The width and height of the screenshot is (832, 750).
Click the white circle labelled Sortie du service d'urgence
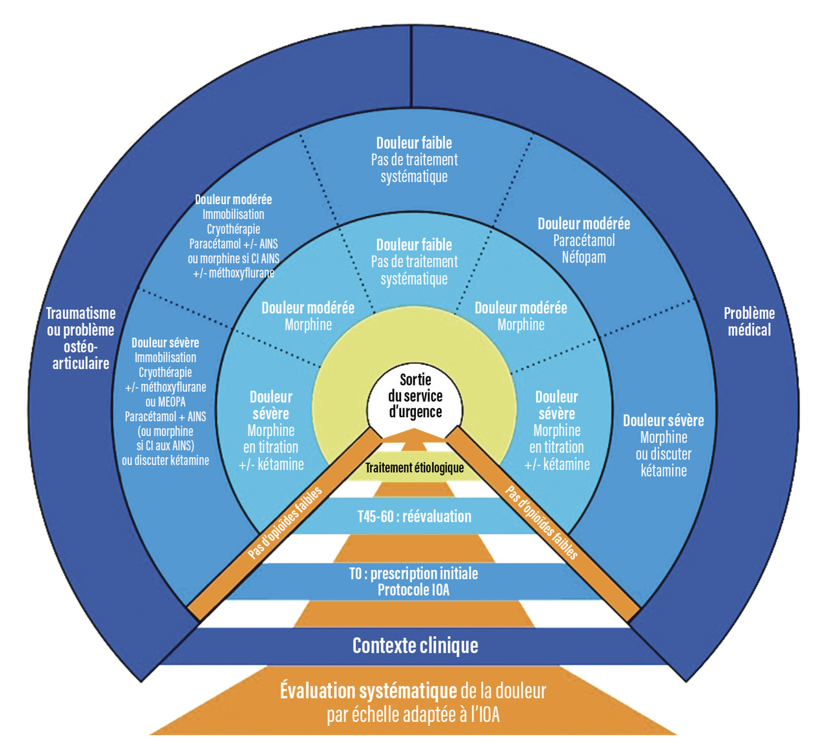[415, 395]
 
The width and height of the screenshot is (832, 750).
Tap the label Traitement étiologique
[415, 468]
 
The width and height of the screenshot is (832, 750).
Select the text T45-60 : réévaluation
[415, 517]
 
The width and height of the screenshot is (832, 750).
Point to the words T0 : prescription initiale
[413, 573]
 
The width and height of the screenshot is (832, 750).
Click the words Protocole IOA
[413, 590]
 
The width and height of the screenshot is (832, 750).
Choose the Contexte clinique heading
[415, 645]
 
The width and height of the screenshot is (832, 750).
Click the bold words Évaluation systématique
[368, 691]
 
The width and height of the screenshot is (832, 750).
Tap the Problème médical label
[749, 321]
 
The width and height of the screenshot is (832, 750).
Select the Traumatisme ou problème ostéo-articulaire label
[81, 338]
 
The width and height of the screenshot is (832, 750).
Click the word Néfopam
[584, 257]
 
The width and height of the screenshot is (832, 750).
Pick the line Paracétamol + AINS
[165, 417]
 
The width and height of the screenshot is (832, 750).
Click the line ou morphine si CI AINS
[233, 259]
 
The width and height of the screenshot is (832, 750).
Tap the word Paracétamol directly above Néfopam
[584, 240]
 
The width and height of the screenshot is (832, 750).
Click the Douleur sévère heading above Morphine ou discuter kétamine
[663, 420]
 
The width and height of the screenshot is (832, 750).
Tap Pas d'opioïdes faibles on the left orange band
[285, 523]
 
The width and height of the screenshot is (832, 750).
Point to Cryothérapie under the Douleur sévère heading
[165, 372]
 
